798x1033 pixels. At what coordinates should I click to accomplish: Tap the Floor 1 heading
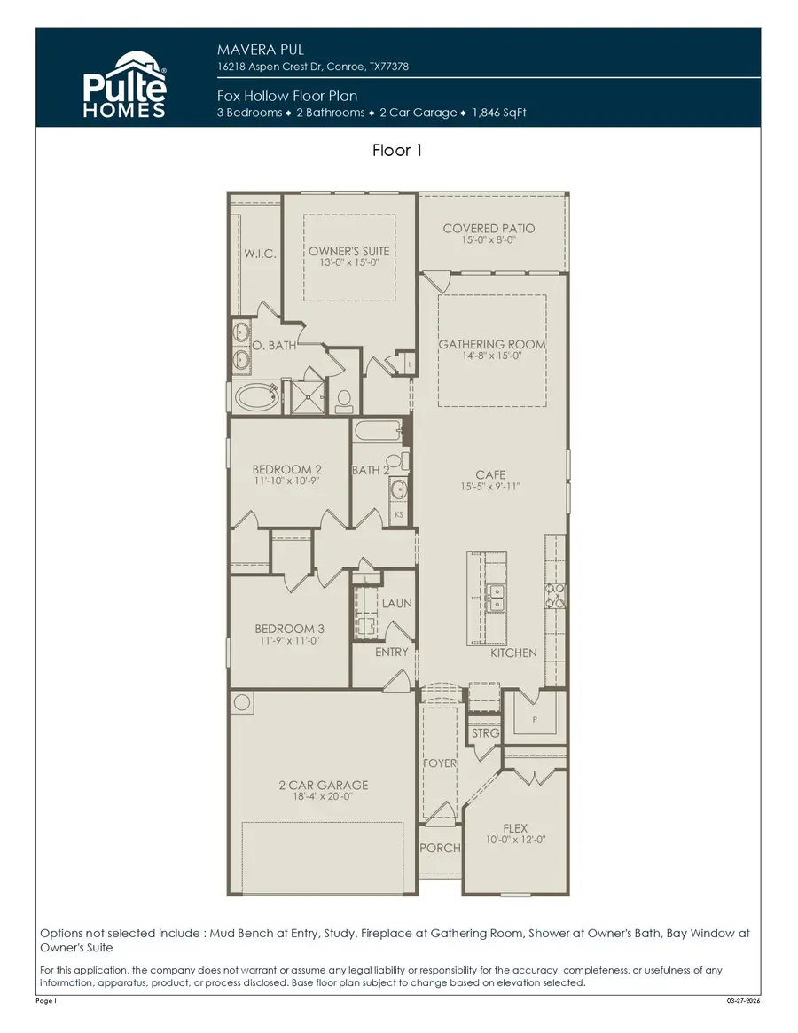pos(397,151)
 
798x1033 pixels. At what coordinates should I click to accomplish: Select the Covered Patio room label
pos(489,228)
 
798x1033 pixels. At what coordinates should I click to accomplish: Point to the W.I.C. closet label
pos(260,254)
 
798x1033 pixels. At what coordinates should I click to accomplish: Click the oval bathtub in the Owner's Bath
pos(257,396)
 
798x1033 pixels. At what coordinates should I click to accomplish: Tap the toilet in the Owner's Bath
pos(346,396)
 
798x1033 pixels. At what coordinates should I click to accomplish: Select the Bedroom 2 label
pos(286,469)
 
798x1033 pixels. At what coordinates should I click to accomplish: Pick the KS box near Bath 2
pos(399,513)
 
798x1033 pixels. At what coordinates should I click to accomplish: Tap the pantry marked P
pos(535,720)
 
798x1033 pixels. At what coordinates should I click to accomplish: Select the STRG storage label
pos(485,733)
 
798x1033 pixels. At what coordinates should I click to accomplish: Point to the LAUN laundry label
pos(396,603)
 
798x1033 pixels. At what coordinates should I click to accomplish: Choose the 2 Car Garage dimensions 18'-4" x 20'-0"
pos(323,797)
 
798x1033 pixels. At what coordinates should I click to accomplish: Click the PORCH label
pos(440,848)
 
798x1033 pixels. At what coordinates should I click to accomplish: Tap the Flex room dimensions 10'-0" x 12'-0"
pos(515,840)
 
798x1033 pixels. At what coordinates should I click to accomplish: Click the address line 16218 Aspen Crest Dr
pos(313,67)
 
